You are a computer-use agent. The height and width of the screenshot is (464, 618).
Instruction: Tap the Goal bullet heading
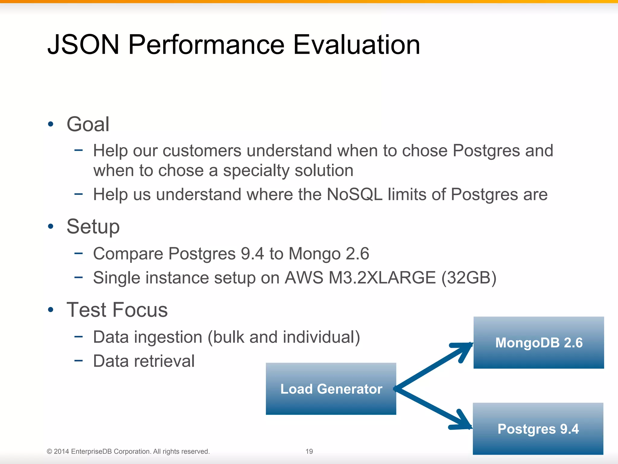click(x=88, y=124)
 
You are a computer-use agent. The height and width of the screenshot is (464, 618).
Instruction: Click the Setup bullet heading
click(x=93, y=227)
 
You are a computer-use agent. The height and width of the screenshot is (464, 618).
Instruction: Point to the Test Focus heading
click(x=117, y=310)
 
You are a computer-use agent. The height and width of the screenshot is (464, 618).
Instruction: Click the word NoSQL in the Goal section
click(x=354, y=194)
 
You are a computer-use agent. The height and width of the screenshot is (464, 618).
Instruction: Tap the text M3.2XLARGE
click(x=382, y=278)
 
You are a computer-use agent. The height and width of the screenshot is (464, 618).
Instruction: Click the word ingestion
click(x=168, y=337)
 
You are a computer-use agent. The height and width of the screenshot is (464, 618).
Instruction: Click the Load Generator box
click(x=331, y=389)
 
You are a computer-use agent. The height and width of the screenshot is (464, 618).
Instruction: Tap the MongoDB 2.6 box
click(x=539, y=343)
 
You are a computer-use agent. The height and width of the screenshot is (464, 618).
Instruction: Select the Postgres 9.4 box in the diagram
click(x=538, y=429)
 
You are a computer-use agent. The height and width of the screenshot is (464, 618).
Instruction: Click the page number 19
click(x=309, y=451)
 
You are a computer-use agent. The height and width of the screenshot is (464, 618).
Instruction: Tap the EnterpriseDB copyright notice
click(x=128, y=451)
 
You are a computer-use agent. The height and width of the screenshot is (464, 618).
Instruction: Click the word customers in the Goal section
click(x=202, y=151)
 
